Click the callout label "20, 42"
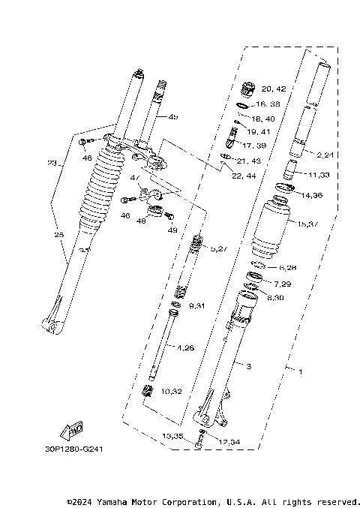[x=273, y=89]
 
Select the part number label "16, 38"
[x=267, y=104]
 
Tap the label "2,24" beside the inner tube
[x=325, y=155]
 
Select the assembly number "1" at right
[x=301, y=371]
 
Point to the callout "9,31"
[x=196, y=306]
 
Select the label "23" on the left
[x=52, y=164]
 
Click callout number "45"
[x=173, y=117]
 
